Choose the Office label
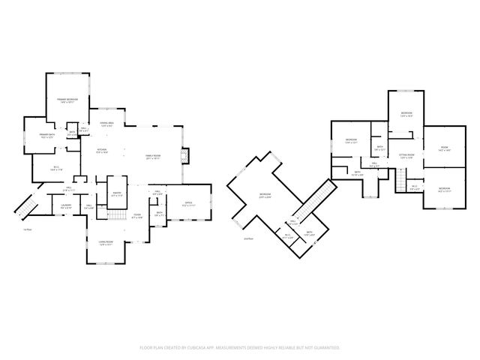pos(188,202)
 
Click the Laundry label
pos(66,205)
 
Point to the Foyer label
pos(137,217)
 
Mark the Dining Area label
pos(106,124)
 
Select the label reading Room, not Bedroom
pos(444,148)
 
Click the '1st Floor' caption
pos(27,229)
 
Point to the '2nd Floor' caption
pos(248,238)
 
